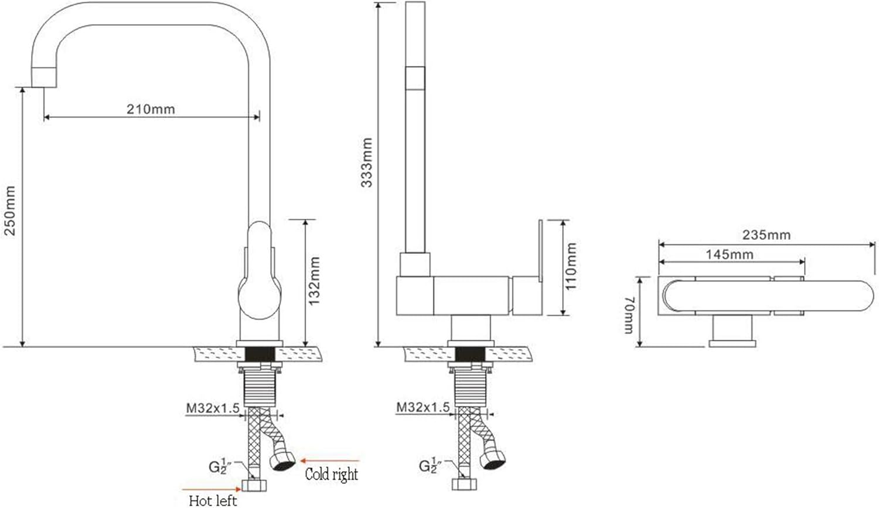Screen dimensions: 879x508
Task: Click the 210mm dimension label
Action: (x=151, y=109)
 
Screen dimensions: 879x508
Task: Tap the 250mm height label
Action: (x=10, y=211)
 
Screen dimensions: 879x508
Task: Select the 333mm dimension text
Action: (x=366, y=162)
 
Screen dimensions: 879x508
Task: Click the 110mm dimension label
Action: (x=571, y=266)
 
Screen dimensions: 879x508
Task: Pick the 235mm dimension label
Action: (x=766, y=235)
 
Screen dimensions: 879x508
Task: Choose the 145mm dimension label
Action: (x=730, y=255)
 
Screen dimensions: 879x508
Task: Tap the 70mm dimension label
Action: (x=629, y=314)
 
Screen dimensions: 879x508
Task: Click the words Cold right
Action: (x=332, y=474)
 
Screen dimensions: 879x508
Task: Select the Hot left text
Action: (x=213, y=500)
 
